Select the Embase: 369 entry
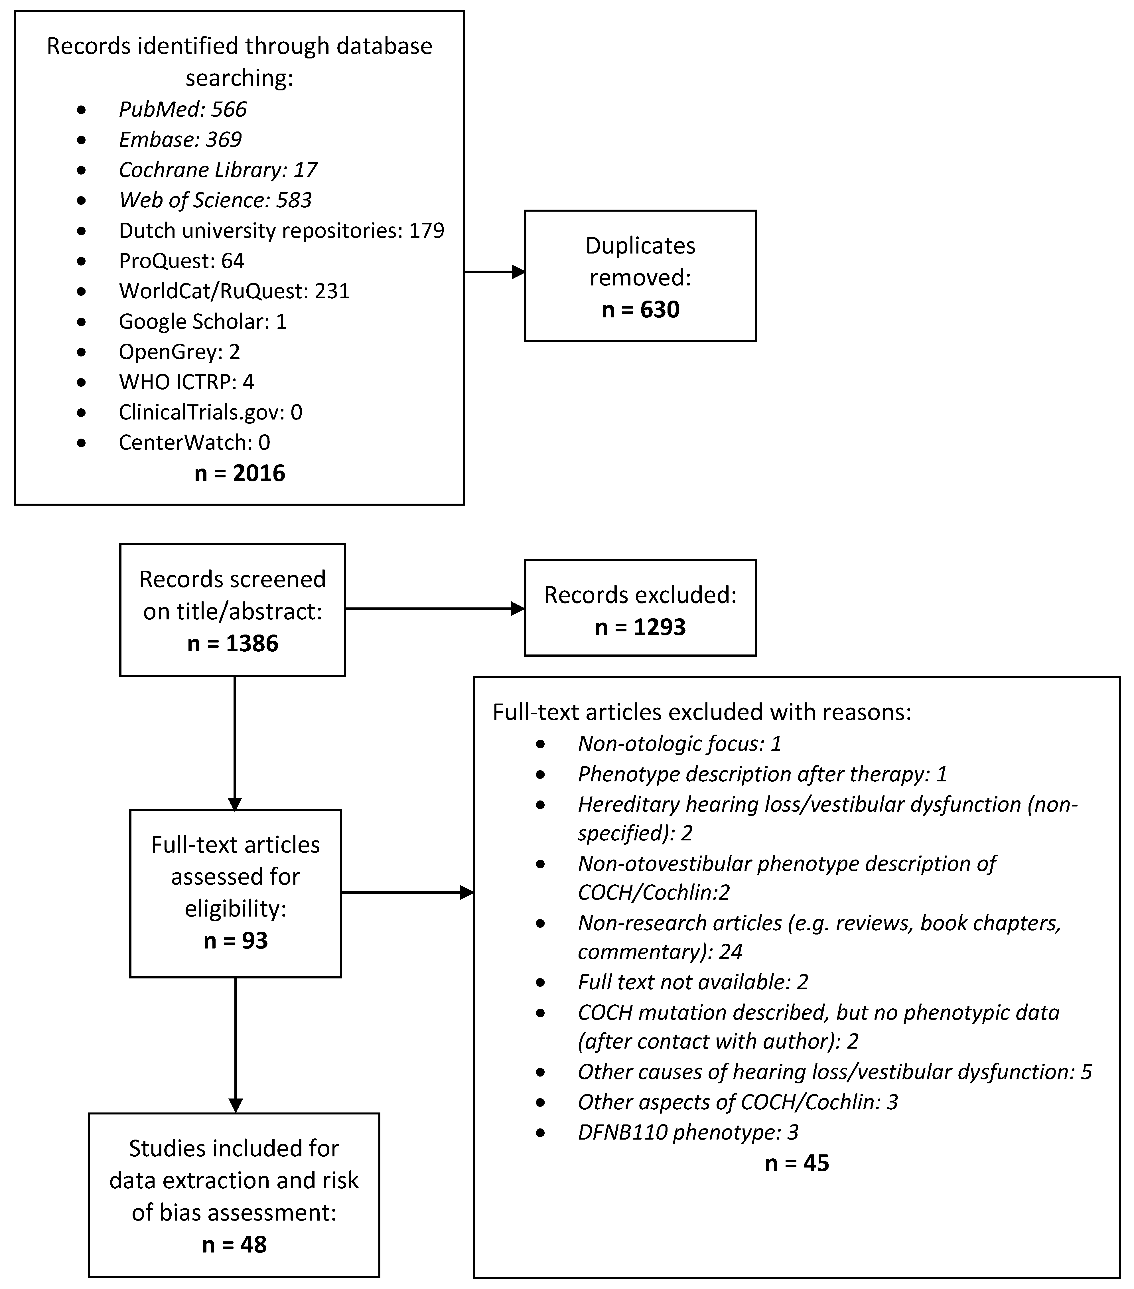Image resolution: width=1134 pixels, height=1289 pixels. coord(180,139)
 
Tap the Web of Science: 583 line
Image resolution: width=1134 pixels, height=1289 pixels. coord(215,200)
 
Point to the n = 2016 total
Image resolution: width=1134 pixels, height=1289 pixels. coord(240,473)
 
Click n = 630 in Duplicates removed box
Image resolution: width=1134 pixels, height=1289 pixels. coord(640,310)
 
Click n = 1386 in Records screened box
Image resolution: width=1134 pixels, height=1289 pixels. coord(233,643)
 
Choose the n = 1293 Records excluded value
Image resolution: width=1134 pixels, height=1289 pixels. coord(640,627)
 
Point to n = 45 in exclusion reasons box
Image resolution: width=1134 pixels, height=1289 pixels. coord(797,1163)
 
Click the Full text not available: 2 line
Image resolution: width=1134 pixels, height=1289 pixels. coord(693,982)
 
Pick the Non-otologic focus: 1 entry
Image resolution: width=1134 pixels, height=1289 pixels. coord(679,743)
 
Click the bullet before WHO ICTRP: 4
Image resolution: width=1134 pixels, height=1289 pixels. coord(81,382)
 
